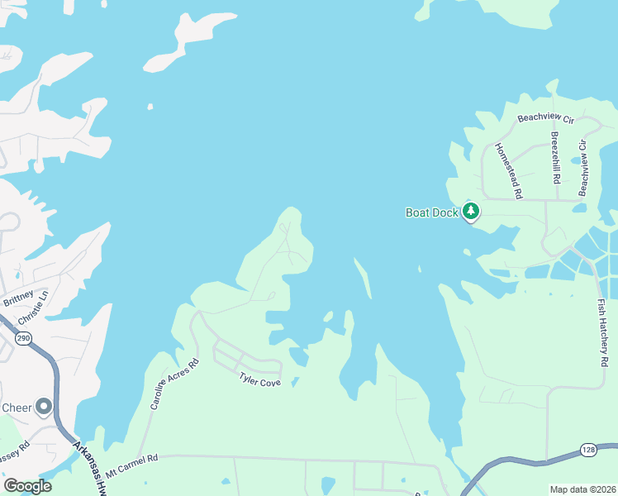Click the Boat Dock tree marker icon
tap(471, 212)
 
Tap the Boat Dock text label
tap(430, 212)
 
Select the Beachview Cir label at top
tap(545, 118)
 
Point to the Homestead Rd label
tap(509, 169)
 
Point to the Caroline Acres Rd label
tap(174, 384)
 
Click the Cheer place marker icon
tap(44, 407)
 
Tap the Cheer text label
tap(17, 408)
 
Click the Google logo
tap(26, 485)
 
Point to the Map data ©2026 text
tap(582, 489)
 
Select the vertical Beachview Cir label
tap(582, 168)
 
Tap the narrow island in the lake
tap(363, 277)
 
